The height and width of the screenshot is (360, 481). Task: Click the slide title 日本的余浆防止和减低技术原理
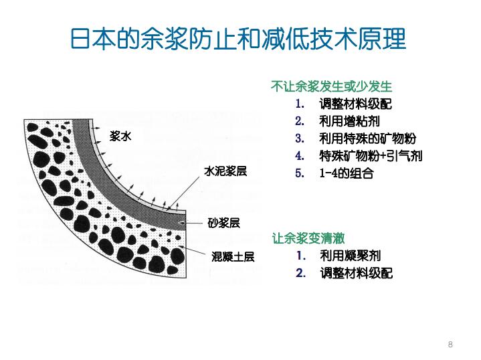click(x=238, y=39)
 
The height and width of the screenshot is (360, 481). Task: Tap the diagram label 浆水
click(x=122, y=137)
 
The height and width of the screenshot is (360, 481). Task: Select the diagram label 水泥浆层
click(x=225, y=171)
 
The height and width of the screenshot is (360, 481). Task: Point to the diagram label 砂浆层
click(x=223, y=223)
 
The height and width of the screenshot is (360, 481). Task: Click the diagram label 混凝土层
click(x=233, y=256)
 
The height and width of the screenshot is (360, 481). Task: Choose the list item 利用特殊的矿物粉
click(x=367, y=139)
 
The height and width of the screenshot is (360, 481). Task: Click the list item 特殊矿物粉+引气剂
click(x=371, y=156)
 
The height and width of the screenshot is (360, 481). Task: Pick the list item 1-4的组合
click(x=346, y=173)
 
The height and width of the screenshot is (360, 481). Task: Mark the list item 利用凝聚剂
click(x=350, y=256)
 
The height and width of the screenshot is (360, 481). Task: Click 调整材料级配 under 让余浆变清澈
click(x=356, y=273)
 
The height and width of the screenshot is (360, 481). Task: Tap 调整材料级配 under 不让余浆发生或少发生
click(x=356, y=104)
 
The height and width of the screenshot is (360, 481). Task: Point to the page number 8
click(x=450, y=344)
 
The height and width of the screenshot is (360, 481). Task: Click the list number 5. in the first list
click(x=299, y=173)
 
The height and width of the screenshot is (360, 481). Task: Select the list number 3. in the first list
click(x=299, y=139)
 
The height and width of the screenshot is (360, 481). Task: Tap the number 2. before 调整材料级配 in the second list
click(x=300, y=273)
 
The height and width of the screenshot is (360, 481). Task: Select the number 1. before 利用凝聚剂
click(x=300, y=256)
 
